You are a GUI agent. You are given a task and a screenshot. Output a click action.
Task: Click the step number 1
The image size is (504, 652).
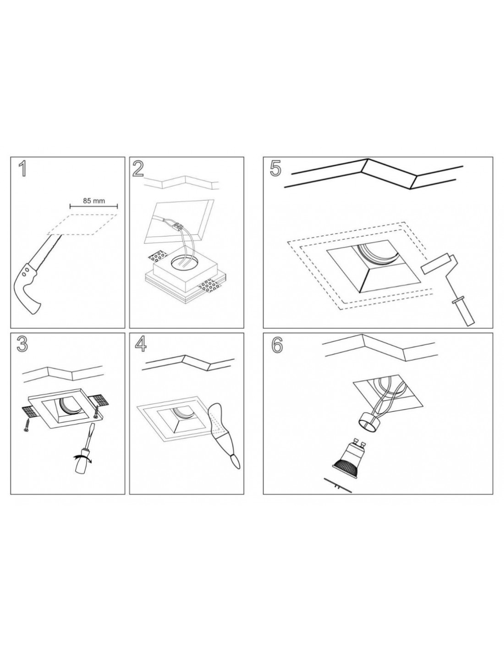(22, 169)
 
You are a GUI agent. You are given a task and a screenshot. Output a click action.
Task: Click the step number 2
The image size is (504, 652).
(138, 169)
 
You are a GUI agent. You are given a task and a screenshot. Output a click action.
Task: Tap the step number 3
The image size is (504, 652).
(22, 344)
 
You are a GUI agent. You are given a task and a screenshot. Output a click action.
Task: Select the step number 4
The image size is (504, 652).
(141, 344)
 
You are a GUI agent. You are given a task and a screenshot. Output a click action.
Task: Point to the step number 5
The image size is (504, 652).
(275, 169)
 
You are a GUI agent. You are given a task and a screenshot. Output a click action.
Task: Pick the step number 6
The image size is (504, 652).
(277, 345)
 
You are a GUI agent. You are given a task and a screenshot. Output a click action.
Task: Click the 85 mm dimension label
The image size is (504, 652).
(94, 200)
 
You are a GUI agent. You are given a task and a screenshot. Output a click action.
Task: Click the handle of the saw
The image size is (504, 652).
(28, 287)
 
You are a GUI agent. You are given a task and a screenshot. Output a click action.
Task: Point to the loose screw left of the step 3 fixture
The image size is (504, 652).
(27, 426)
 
